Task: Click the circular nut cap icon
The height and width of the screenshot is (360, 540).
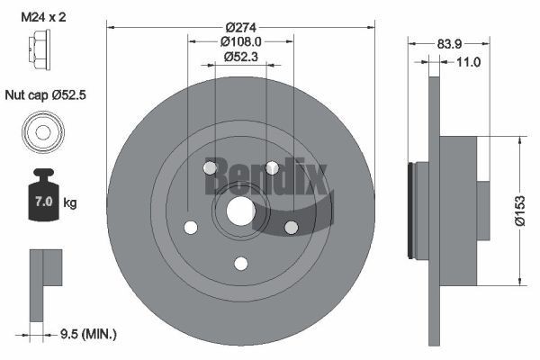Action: click(x=41, y=132)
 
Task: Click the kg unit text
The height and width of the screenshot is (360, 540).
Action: click(x=70, y=203)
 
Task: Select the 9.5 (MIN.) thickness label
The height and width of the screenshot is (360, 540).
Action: click(x=87, y=334)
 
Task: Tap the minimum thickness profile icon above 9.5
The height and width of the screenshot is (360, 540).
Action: click(x=43, y=283)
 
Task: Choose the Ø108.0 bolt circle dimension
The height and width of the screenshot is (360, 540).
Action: click(x=240, y=41)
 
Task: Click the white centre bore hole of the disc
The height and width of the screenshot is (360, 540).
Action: click(x=240, y=212)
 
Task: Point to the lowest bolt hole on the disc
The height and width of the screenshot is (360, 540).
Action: click(x=240, y=263)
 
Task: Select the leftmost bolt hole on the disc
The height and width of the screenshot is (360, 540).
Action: click(x=191, y=228)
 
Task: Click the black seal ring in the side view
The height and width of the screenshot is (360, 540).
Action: click(x=413, y=211)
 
